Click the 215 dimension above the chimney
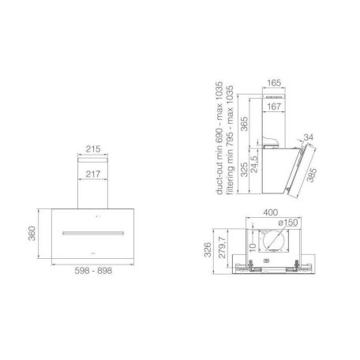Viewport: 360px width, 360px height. (93, 149)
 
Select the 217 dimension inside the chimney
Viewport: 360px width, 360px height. (93, 174)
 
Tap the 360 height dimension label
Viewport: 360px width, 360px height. (32, 233)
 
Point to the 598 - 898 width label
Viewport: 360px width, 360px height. (93, 271)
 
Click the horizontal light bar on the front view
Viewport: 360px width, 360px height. (93, 233)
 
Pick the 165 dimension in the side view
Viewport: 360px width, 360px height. (274, 83)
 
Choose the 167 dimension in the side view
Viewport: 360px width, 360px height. (274, 107)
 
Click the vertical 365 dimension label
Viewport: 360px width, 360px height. (244, 124)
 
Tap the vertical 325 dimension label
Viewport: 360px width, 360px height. (244, 170)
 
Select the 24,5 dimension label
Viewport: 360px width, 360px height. (254, 164)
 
